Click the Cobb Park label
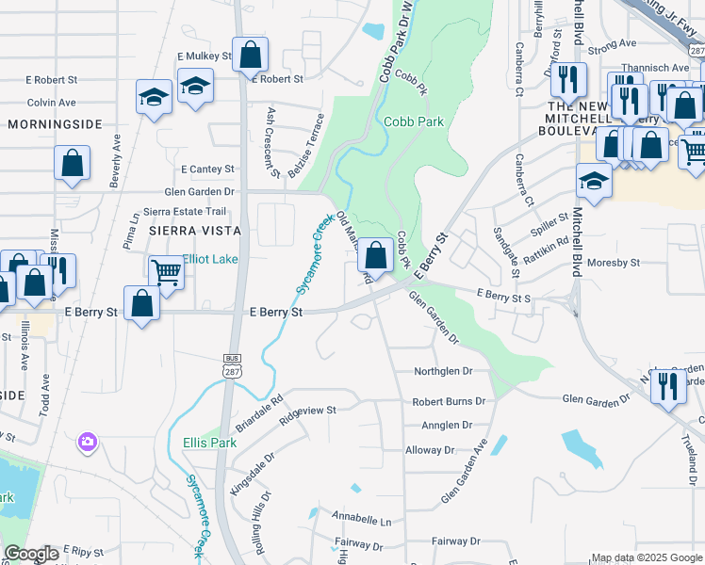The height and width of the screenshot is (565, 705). (x=414, y=121)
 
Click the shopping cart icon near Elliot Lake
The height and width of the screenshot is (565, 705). (x=166, y=273)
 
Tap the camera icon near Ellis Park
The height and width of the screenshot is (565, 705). (x=88, y=441)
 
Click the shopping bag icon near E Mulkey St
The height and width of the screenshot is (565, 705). (x=250, y=55)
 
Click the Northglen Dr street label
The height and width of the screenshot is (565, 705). (x=443, y=372)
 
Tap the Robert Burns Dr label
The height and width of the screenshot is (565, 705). (x=449, y=401)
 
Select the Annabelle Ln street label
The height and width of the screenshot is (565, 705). (x=361, y=519)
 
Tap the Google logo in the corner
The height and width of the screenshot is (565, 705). (x=31, y=554)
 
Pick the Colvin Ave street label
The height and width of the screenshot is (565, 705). (x=51, y=102)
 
